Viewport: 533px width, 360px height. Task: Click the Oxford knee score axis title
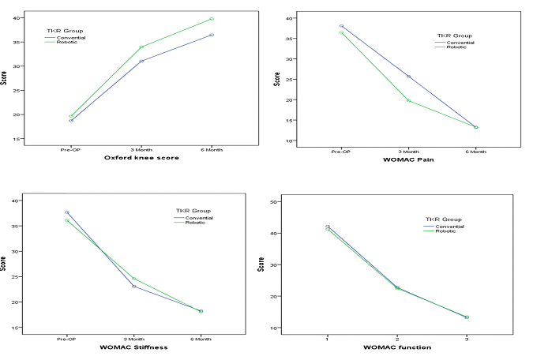coord(141,158)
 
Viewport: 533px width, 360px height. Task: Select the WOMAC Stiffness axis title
coord(134,347)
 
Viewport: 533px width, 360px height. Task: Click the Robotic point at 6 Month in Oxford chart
coord(212,19)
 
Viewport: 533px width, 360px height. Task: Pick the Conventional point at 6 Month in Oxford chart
coord(212,35)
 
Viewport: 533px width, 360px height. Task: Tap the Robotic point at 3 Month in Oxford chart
coord(141,47)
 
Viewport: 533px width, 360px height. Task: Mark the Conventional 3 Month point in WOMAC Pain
coord(408,77)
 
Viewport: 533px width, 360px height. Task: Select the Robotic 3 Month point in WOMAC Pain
coord(408,100)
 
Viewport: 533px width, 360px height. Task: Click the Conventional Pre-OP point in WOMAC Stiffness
coord(67,212)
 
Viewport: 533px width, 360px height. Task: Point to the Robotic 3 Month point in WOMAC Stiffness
coord(134,279)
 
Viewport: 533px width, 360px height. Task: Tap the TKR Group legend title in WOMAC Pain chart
coord(453,36)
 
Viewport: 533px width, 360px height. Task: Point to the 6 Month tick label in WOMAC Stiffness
coord(201,339)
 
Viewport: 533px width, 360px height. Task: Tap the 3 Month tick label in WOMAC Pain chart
coord(408,152)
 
